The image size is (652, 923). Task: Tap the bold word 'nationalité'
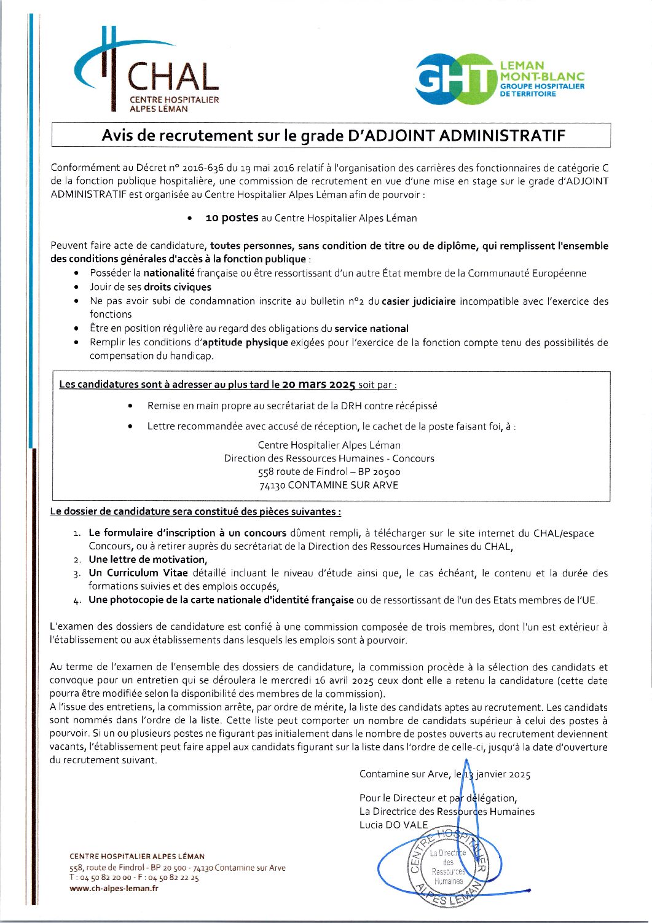[x=169, y=273]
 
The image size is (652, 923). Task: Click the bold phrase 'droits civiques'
[x=177, y=287]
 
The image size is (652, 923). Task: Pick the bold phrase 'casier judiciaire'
[x=418, y=301]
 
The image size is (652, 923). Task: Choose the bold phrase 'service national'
[x=371, y=329]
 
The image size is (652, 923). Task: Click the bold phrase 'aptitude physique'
[x=245, y=342]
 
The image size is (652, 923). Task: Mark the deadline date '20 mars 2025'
[x=318, y=385]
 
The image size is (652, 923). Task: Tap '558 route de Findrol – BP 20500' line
[x=329, y=472]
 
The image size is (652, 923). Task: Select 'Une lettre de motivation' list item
[x=147, y=560]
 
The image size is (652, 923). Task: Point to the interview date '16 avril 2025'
[x=344, y=681]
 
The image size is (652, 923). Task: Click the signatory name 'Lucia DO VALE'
[x=393, y=825]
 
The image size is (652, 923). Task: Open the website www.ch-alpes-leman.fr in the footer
[x=114, y=888]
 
